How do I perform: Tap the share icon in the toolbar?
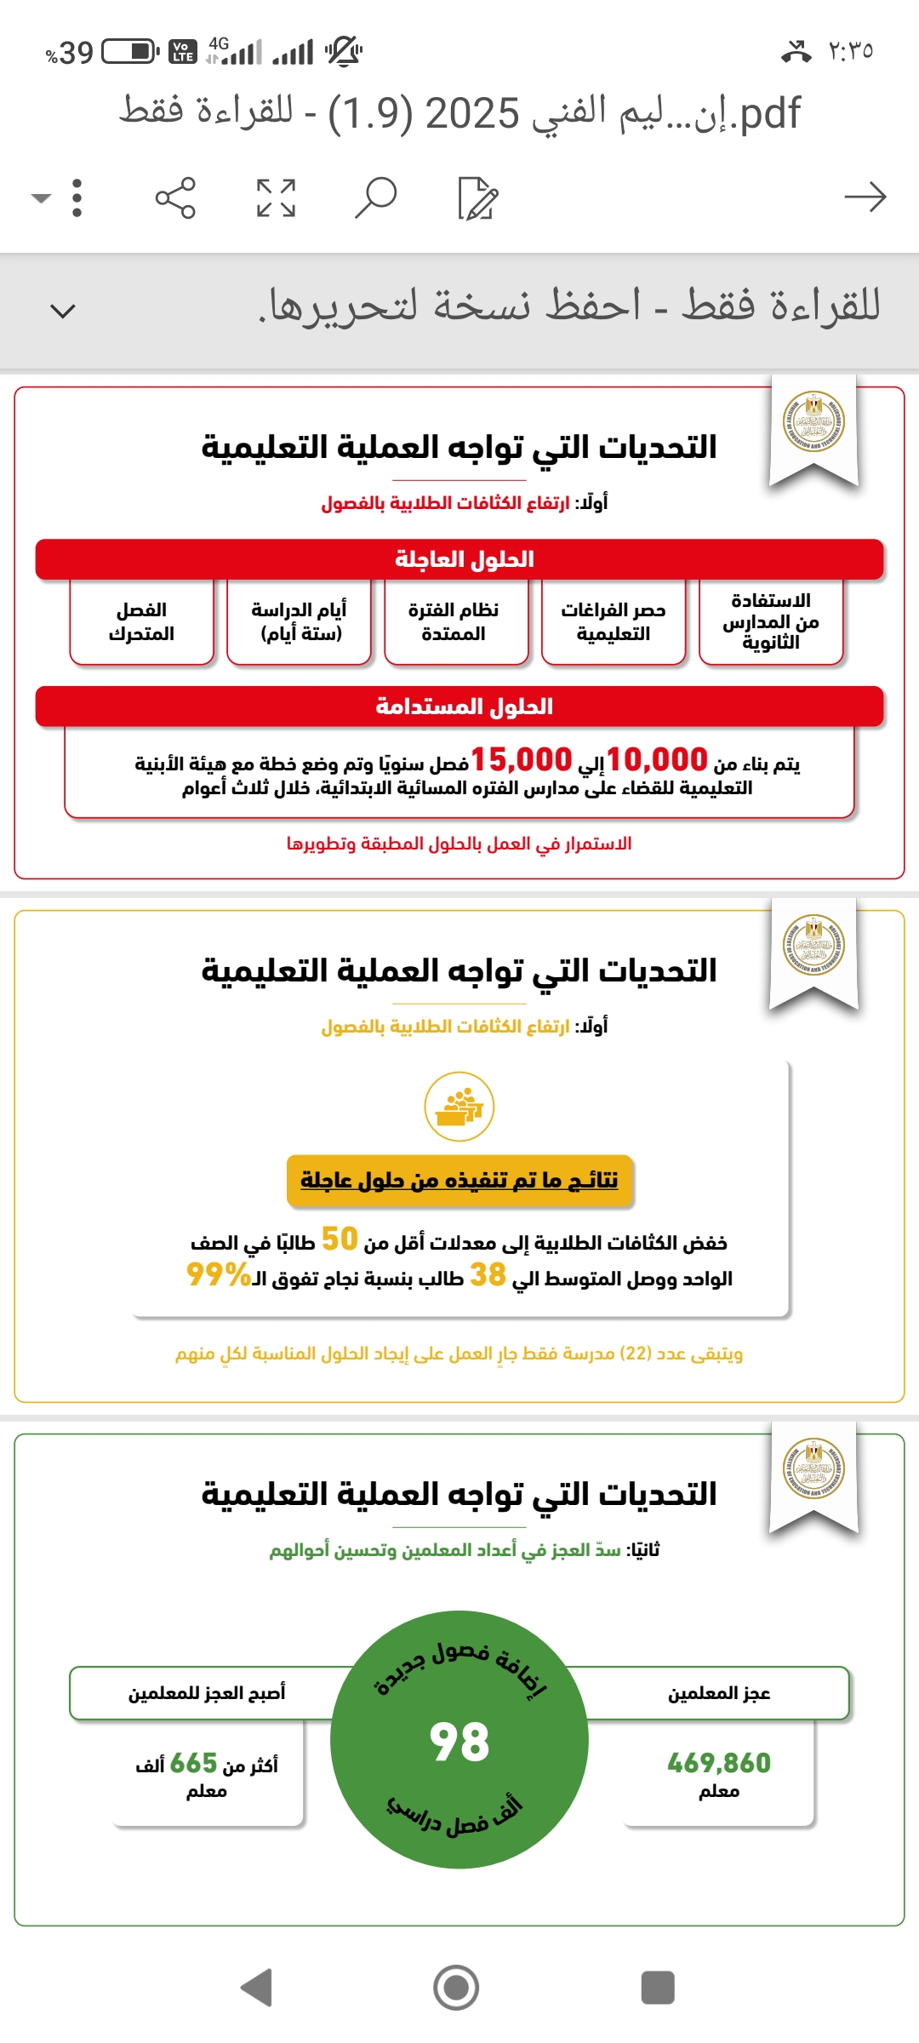click(175, 197)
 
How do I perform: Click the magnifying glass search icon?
click(375, 197)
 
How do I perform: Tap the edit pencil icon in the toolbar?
click(477, 197)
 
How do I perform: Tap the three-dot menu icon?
click(77, 197)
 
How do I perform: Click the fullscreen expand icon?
click(276, 197)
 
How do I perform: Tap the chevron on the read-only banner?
click(63, 311)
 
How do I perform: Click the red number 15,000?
click(521, 759)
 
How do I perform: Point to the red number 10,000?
click(657, 759)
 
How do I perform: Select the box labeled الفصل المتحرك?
click(141, 621)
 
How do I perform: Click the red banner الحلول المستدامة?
click(459, 707)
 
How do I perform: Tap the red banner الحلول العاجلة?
click(459, 559)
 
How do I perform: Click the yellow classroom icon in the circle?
click(459, 1107)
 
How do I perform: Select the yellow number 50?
click(339, 1239)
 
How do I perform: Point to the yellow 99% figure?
click(218, 1274)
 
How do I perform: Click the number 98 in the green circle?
click(459, 1742)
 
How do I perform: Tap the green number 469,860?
click(719, 1763)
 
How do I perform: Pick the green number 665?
click(194, 1763)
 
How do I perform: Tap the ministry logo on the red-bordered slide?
click(813, 421)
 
